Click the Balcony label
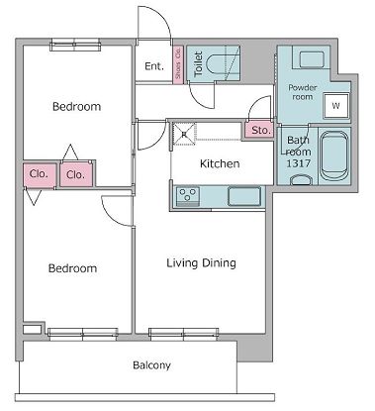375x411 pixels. tap(151, 365)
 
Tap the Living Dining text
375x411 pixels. tap(201, 263)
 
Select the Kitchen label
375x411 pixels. tap(220, 163)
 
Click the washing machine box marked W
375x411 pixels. tap(335, 106)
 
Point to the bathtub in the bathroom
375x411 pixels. tap(334, 155)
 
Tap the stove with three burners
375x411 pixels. tap(188, 196)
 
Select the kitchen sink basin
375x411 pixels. tap(244, 196)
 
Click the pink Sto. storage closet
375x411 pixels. tap(259, 130)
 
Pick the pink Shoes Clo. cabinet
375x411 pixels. tap(178, 64)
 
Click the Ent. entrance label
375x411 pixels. tap(154, 66)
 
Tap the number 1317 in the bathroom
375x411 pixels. tap(299, 163)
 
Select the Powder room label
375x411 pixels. tap(303, 92)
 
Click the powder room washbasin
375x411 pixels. tap(312, 59)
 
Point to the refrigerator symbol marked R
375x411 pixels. tap(184, 134)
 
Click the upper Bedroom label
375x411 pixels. tap(76, 106)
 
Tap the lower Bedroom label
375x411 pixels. tap(72, 268)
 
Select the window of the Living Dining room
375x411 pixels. tap(183, 334)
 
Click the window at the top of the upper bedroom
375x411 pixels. tap(75, 45)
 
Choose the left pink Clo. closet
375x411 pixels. tap(39, 174)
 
